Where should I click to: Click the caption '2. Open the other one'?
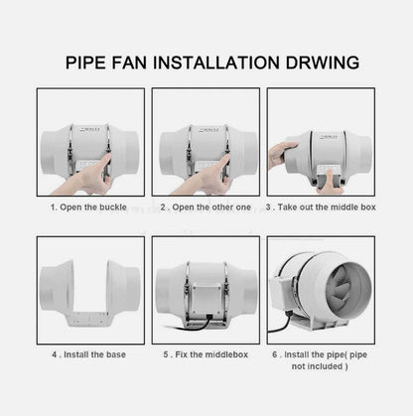(206, 209)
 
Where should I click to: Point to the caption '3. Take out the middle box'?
(322, 209)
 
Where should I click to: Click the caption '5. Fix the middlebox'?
(206, 352)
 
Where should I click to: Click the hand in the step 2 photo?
(211, 179)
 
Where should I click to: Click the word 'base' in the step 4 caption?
(122, 352)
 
